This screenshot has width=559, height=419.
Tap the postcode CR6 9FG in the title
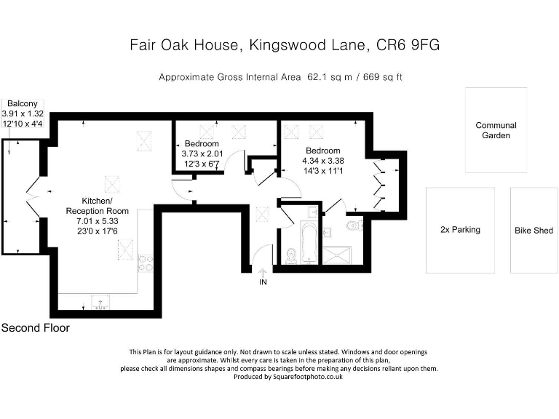coord(408,45)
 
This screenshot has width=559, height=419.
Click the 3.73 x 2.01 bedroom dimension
coord(201,153)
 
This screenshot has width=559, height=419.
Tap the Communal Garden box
coord(496,130)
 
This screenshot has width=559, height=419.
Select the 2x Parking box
coord(460,230)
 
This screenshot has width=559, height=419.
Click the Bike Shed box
coord(534,230)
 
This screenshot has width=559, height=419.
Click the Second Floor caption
coord(36,328)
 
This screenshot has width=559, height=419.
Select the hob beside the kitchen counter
coord(144,263)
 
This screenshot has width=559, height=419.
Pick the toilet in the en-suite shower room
coord(354,226)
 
